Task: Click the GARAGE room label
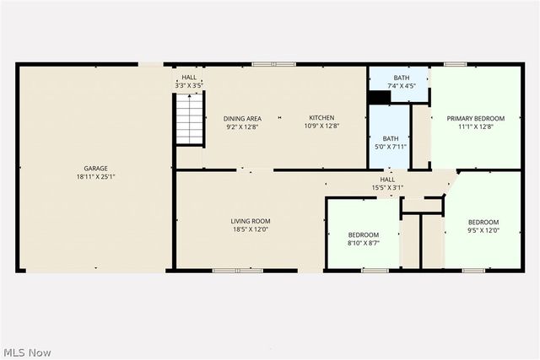(95, 168)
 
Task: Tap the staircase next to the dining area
(190, 120)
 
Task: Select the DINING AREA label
(242, 118)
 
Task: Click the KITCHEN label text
(321, 118)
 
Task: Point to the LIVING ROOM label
(251, 221)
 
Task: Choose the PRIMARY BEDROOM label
(476, 119)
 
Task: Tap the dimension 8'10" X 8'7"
(364, 243)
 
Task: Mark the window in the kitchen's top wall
(274, 63)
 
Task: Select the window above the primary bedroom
(456, 63)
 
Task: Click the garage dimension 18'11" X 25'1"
(95, 177)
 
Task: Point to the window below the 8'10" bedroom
(375, 271)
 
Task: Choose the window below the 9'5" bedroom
(472, 271)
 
